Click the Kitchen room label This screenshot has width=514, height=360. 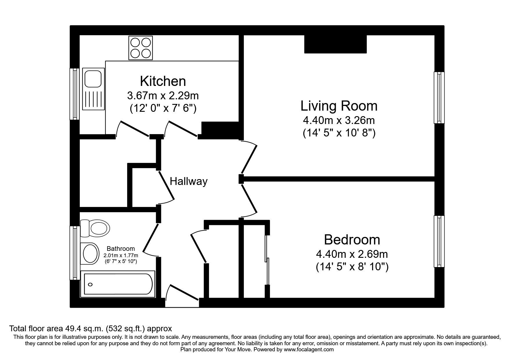pos(163,81)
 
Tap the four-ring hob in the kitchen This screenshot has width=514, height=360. pos(140,48)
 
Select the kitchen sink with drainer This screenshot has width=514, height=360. pos(93,89)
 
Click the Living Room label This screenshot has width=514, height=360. pos(339,106)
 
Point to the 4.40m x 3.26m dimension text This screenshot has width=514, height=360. pos(339,120)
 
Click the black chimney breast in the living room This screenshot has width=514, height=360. pos(335,44)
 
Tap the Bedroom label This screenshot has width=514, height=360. pos(352,240)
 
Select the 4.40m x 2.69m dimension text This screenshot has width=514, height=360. pos(352,254)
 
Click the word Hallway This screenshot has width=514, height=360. pos(188,181)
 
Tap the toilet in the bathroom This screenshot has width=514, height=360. pos(96,228)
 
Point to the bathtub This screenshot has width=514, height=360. pos(118,284)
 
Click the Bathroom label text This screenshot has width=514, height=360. pos(121,249)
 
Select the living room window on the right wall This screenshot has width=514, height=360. pos(439,98)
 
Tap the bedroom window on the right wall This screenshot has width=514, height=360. pos(439,241)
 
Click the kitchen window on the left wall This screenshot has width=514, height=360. pos(75,94)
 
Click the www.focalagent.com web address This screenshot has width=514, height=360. pos(309,350)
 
